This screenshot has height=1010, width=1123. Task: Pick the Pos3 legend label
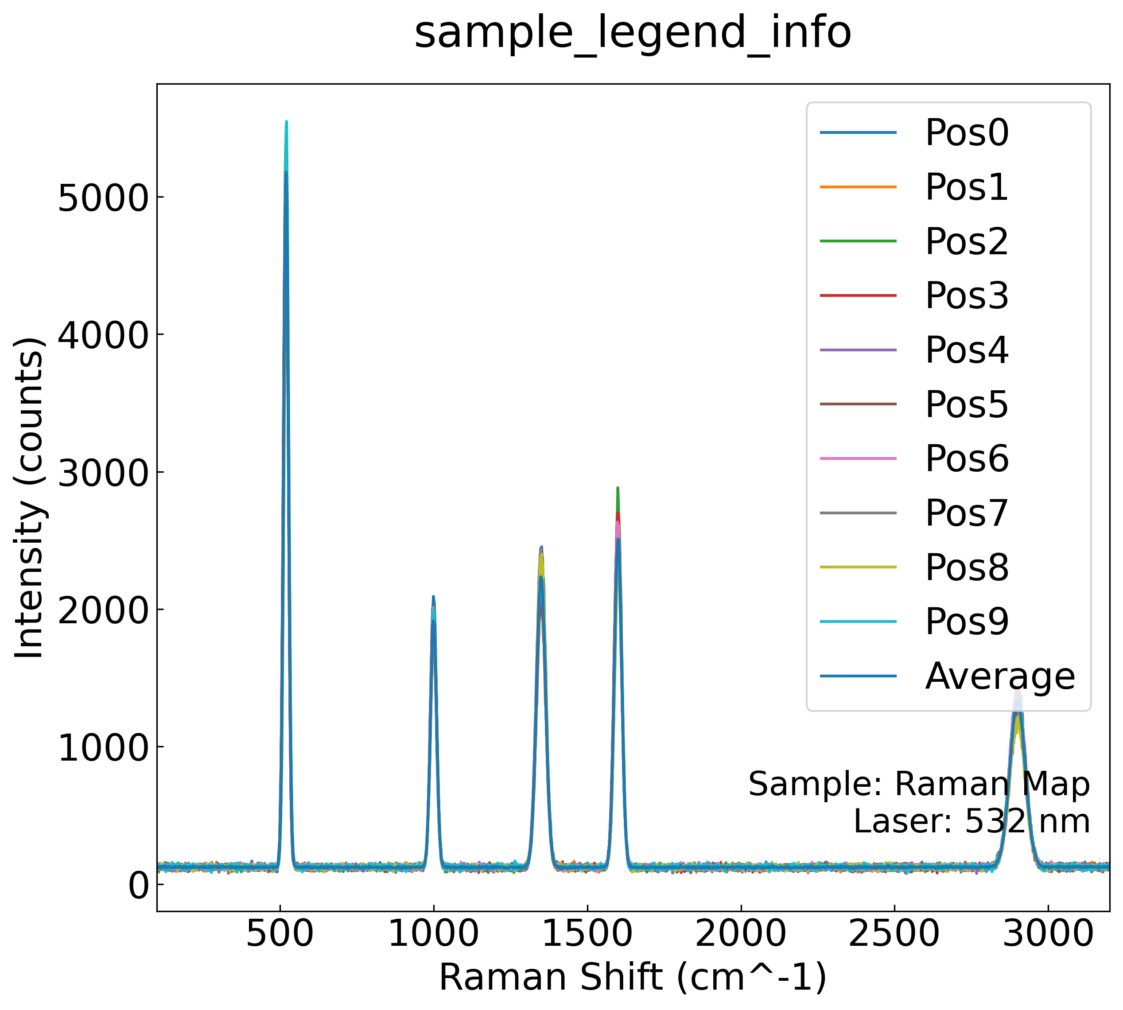[x=967, y=296]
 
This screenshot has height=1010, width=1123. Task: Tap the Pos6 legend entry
[x=967, y=459]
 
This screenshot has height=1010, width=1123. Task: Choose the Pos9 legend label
[x=967, y=622]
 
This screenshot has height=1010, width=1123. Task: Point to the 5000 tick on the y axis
[x=103, y=198]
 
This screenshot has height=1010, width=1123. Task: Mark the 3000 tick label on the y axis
[x=103, y=473]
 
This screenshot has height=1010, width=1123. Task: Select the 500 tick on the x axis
[x=280, y=934]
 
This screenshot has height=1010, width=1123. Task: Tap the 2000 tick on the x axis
[x=741, y=934]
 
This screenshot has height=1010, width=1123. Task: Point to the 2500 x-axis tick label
[x=894, y=934]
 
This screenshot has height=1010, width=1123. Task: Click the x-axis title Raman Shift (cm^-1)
[x=633, y=978]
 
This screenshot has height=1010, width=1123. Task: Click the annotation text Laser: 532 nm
[x=971, y=821]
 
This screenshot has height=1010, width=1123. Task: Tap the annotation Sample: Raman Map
[x=919, y=784]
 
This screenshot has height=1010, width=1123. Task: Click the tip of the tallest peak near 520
[x=286, y=122]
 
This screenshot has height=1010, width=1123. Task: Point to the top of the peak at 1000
[x=433, y=597]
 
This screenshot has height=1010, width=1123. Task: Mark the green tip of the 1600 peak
[x=618, y=488]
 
